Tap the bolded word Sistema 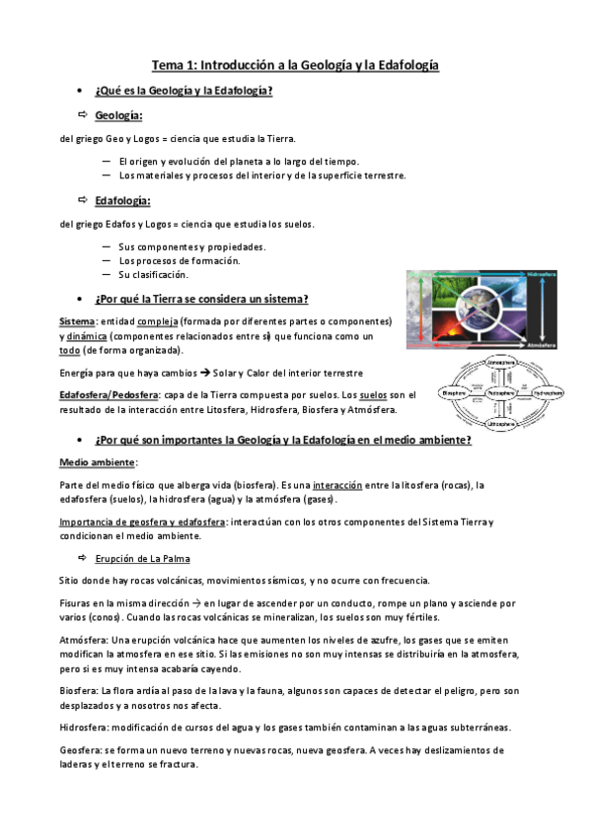tap(77, 322)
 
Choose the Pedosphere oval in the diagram tap(501, 392)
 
